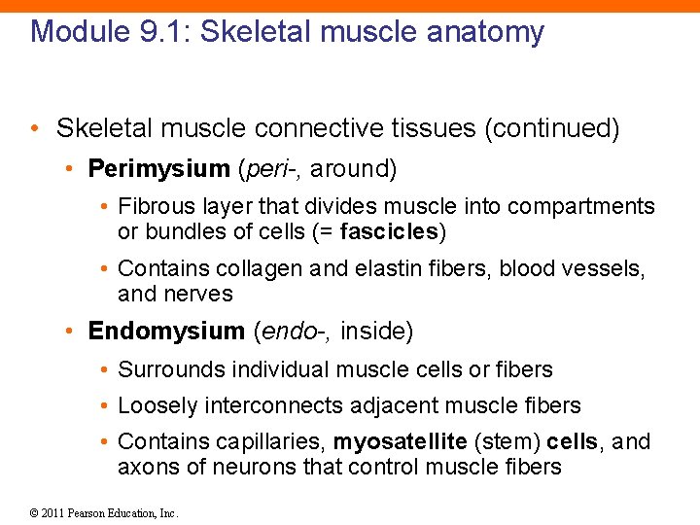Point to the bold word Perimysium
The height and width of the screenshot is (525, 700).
158,169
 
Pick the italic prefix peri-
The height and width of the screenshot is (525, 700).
271,169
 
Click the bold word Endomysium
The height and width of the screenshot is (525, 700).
166,332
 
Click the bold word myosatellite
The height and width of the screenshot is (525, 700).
400,442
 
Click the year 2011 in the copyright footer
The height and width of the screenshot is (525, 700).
53,513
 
